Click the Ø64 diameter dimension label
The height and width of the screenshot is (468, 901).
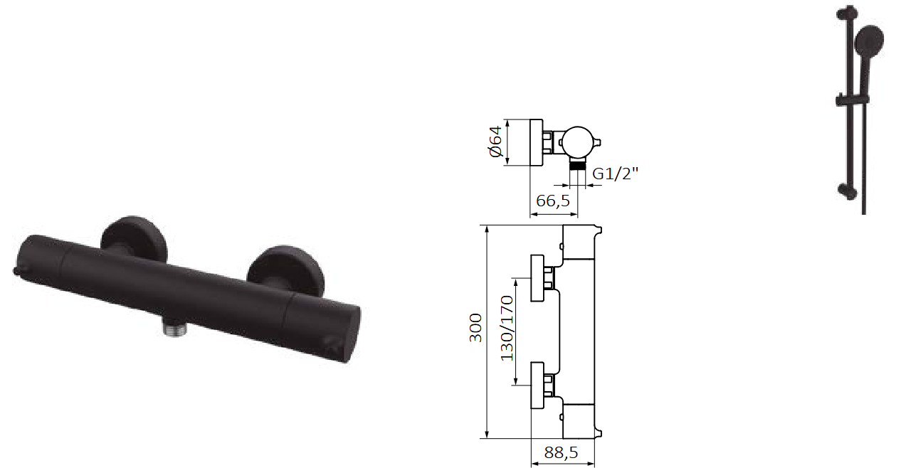click(495, 142)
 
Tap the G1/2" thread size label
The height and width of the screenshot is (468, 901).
click(615, 174)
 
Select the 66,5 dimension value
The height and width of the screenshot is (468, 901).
click(553, 201)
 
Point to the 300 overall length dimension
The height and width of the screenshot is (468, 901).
click(475, 328)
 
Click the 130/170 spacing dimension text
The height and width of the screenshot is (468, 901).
click(507, 328)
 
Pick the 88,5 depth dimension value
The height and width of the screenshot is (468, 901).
click(561, 453)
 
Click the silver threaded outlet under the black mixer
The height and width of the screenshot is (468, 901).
click(174, 326)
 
